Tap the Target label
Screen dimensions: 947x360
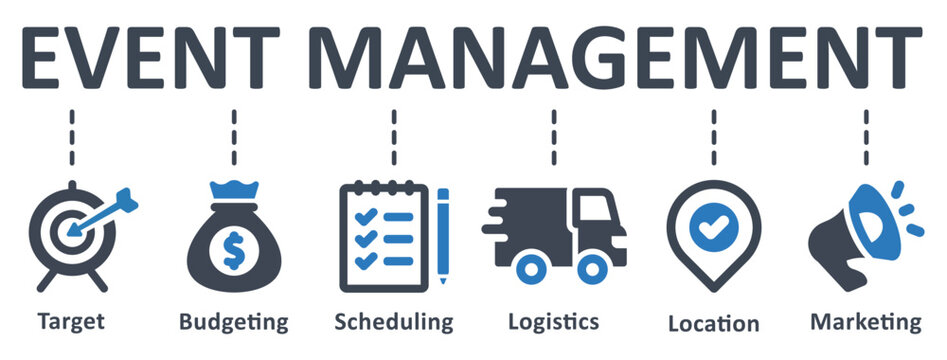tap(71, 321)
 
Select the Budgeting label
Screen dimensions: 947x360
tap(233, 322)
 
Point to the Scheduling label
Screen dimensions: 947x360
tap(393, 322)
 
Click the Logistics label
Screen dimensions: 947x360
tap(553, 321)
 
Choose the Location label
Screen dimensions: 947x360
tap(713, 323)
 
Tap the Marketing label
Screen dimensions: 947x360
tap(865, 321)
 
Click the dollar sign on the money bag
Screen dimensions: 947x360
tap(232, 248)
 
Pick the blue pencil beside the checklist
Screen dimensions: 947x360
tap(443, 232)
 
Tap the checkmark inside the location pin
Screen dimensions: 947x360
tap(713, 226)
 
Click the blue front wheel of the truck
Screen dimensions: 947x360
tap(593, 266)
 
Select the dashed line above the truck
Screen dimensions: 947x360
tap(553, 135)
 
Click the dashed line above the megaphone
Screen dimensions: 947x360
tap(865, 135)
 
